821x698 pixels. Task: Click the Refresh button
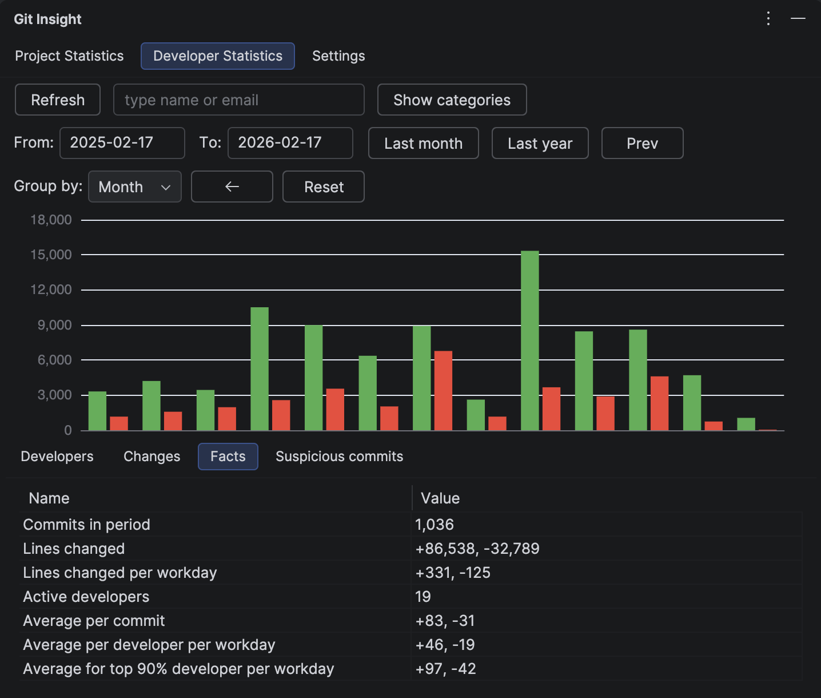tap(58, 100)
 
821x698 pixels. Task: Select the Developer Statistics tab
tap(218, 56)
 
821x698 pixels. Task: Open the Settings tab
tap(338, 56)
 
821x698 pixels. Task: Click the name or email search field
tap(238, 100)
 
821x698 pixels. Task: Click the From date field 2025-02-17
tap(122, 143)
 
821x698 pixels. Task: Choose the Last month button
tap(423, 143)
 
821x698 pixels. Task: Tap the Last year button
tap(540, 143)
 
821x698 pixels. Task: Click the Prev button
tap(642, 143)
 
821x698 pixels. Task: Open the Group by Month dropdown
tap(135, 187)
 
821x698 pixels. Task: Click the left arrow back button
tap(232, 187)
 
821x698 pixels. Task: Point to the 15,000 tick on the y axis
tap(51, 255)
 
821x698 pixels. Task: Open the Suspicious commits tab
tap(339, 457)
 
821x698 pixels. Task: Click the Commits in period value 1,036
tap(435, 525)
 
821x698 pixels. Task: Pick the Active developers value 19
tap(423, 597)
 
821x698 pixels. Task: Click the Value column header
tap(440, 498)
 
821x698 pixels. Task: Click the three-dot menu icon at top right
tap(768, 19)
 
